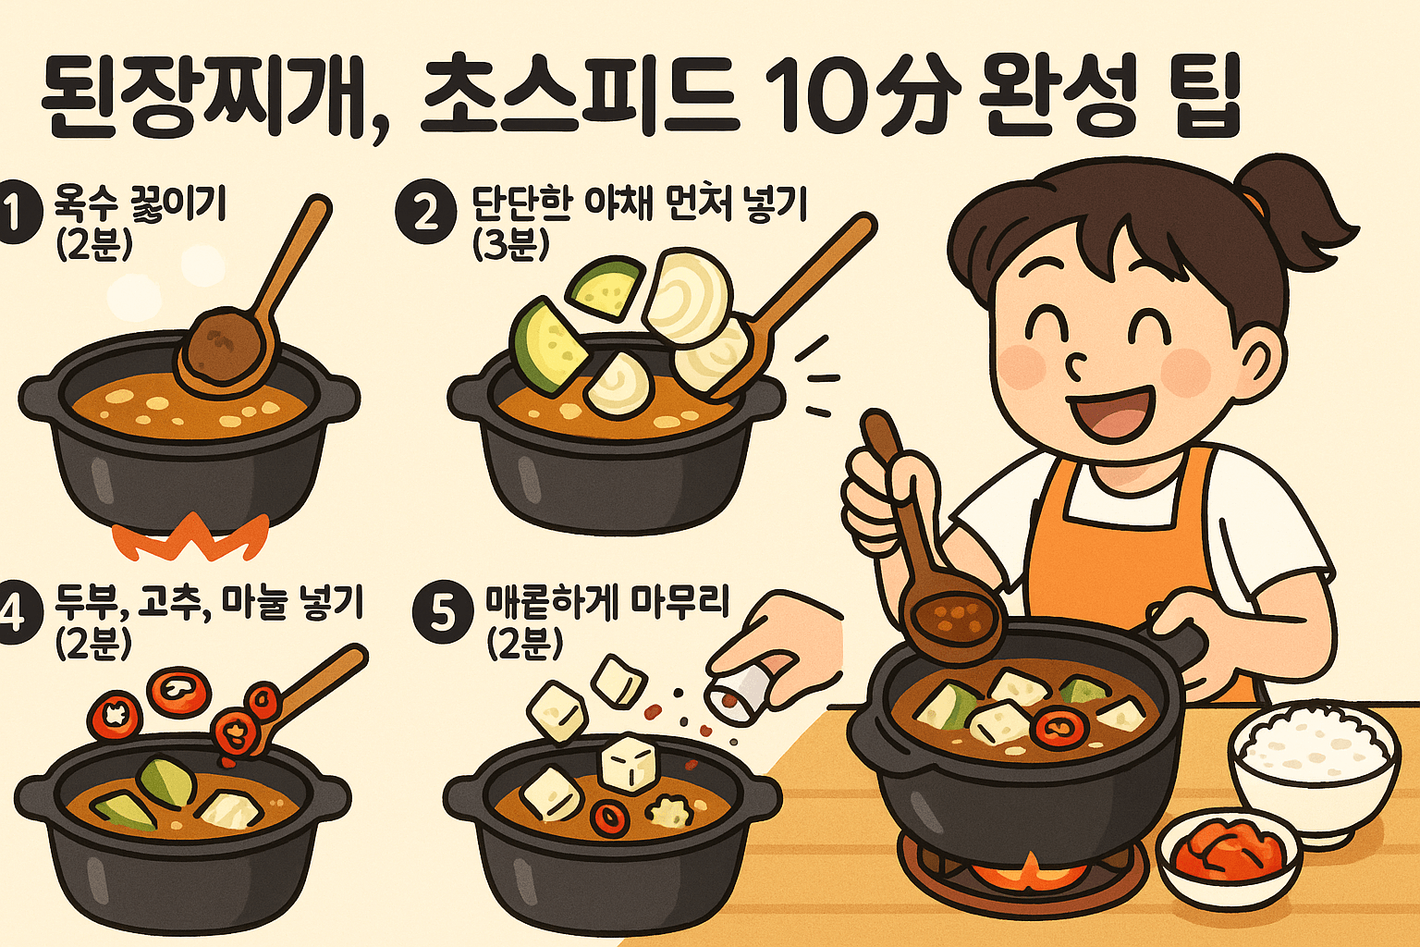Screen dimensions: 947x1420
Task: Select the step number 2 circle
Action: click(x=425, y=214)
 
